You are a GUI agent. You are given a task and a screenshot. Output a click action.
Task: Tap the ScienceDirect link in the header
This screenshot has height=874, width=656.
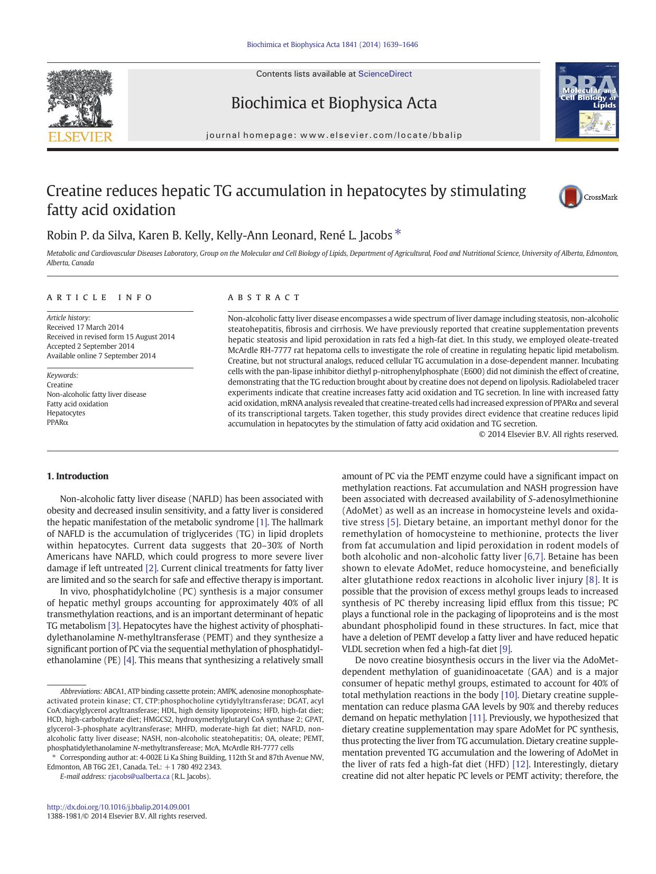point(384,74)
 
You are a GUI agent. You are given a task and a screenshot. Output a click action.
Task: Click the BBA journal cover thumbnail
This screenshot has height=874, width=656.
point(587,102)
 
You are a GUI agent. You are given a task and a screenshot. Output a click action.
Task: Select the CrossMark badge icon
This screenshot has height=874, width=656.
point(571,197)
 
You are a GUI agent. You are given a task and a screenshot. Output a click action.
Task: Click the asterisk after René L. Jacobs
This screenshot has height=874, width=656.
point(398,233)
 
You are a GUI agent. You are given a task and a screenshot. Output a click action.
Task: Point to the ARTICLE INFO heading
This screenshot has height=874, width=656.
point(99,297)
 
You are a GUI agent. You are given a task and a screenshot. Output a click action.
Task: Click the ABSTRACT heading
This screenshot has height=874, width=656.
point(264,297)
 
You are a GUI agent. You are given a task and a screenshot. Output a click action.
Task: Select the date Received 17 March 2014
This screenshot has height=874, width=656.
point(85,327)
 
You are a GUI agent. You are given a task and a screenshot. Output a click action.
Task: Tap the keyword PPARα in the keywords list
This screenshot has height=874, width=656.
point(58,422)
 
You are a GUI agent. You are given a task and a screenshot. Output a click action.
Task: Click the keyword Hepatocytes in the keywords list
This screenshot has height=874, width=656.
point(66,413)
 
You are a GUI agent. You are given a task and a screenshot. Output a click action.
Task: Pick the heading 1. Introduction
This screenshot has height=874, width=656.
point(77,476)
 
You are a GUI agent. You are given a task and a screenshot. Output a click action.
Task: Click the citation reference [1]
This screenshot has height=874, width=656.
point(262,522)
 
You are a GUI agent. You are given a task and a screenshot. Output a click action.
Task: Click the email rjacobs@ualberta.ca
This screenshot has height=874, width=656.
point(138,776)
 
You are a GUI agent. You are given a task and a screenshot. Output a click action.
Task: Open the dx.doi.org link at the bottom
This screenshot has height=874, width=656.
point(118,807)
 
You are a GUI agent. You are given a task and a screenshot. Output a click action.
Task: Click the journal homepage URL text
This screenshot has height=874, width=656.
point(381,135)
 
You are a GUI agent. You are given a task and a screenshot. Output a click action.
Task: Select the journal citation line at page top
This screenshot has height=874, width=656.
point(332,44)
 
